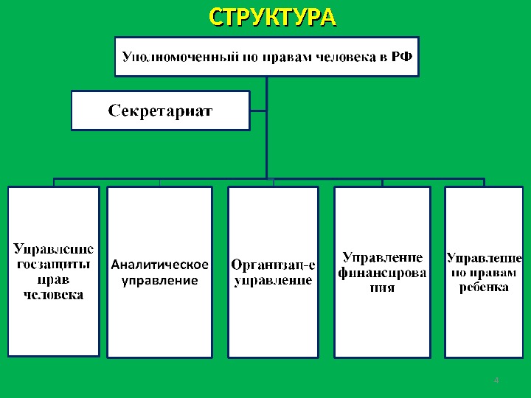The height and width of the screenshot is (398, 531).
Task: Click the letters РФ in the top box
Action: (x=401, y=56)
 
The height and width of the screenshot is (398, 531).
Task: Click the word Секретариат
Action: (x=161, y=111)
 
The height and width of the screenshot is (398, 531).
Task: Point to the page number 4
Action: (x=496, y=380)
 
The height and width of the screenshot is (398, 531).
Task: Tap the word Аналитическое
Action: (x=159, y=265)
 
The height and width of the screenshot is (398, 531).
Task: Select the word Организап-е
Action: (x=273, y=265)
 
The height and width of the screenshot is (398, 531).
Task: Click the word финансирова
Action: (x=382, y=273)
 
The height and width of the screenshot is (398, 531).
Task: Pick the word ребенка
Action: (x=484, y=287)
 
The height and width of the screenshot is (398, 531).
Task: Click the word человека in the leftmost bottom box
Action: (x=53, y=295)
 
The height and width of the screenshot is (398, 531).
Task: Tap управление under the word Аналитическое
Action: (x=159, y=280)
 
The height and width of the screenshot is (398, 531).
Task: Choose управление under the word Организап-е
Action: (x=273, y=280)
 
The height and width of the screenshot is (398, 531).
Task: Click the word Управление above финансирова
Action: (x=382, y=257)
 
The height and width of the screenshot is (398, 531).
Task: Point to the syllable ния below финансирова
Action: (x=382, y=288)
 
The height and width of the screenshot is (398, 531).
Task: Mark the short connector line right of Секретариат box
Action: (x=258, y=111)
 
